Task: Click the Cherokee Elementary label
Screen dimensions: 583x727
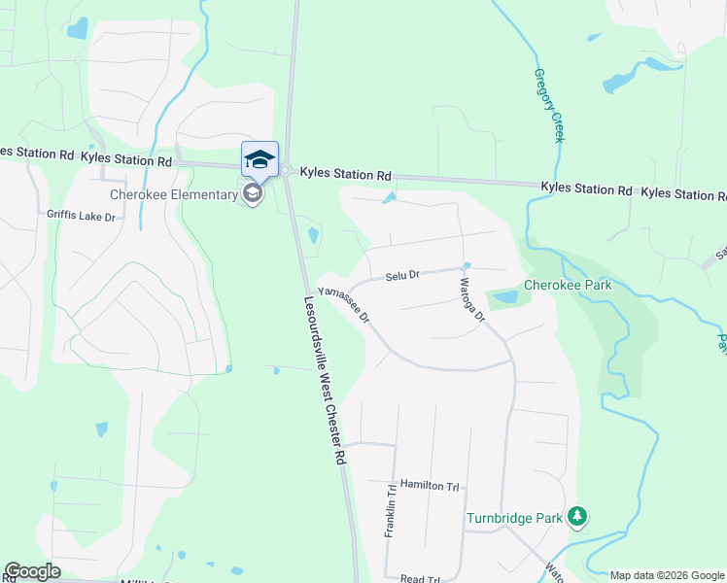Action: (x=174, y=194)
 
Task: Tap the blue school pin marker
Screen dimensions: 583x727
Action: (x=260, y=159)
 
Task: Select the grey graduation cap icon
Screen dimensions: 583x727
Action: (x=253, y=194)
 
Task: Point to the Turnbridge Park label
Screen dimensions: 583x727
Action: (x=515, y=518)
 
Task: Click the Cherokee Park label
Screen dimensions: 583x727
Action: (x=568, y=285)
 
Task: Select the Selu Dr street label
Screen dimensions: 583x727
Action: (x=401, y=276)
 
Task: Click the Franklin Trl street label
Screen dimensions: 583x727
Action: (x=391, y=513)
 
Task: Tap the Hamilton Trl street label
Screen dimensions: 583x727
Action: (x=429, y=485)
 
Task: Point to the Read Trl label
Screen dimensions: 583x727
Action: (x=420, y=578)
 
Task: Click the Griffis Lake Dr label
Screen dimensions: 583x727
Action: (x=82, y=215)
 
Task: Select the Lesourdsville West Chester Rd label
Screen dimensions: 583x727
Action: (x=326, y=379)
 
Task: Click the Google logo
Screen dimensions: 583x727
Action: (x=32, y=570)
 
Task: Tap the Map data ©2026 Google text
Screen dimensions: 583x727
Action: (x=666, y=575)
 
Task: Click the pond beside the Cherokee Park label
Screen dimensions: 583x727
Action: (x=506, y=296)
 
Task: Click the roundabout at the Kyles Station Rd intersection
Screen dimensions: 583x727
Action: (x=290, y=171)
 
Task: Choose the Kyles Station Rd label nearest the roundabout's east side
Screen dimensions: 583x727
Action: (x=345, y=175)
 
